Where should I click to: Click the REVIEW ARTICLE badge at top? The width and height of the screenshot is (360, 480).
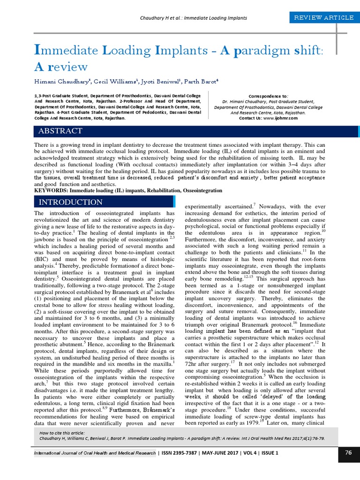coord(323,18)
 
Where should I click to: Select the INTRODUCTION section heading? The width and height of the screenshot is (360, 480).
coord(70,202)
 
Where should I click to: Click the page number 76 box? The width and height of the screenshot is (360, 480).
coord(348,453)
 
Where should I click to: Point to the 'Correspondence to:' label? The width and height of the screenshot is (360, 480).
coord(268,95)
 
